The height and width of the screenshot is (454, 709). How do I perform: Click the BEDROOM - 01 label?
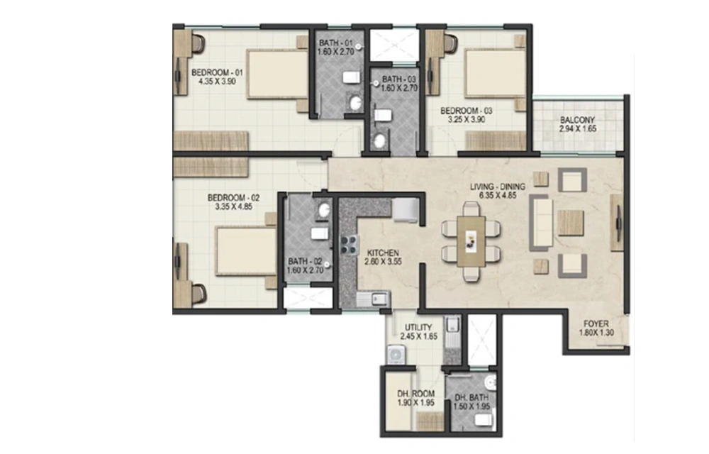click(217, 72)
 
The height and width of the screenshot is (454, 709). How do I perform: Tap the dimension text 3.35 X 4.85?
click(234, 206)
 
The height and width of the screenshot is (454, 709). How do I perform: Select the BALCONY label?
click(577, 120)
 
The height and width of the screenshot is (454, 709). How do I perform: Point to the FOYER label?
click(596, 323)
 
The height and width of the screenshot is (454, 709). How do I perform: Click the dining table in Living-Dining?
click(471, 241)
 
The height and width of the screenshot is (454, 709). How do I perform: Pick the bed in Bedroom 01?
click(277, 74)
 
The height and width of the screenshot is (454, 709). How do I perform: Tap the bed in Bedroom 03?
click(496, 73)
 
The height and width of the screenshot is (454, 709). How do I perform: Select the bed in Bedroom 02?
click(247, 251)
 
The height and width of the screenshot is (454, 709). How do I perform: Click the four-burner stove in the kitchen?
click(349, 244)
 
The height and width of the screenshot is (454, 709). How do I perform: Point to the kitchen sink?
click(374, 299)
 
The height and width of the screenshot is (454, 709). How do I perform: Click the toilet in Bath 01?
click(352, 77)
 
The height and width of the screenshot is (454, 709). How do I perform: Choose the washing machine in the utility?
click(396, 355)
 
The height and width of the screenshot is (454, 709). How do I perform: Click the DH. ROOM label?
click(416, 394)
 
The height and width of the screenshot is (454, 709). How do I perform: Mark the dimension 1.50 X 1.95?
click(471, 406)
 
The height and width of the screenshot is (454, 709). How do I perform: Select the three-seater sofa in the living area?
click(541, 223)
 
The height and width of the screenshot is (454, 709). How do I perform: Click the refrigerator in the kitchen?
click(406, 210)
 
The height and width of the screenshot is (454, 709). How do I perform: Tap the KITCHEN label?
click(383, 253)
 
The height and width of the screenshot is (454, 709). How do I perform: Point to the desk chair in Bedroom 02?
click(199, 294)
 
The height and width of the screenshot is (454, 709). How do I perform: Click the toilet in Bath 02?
click(320, 233)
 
